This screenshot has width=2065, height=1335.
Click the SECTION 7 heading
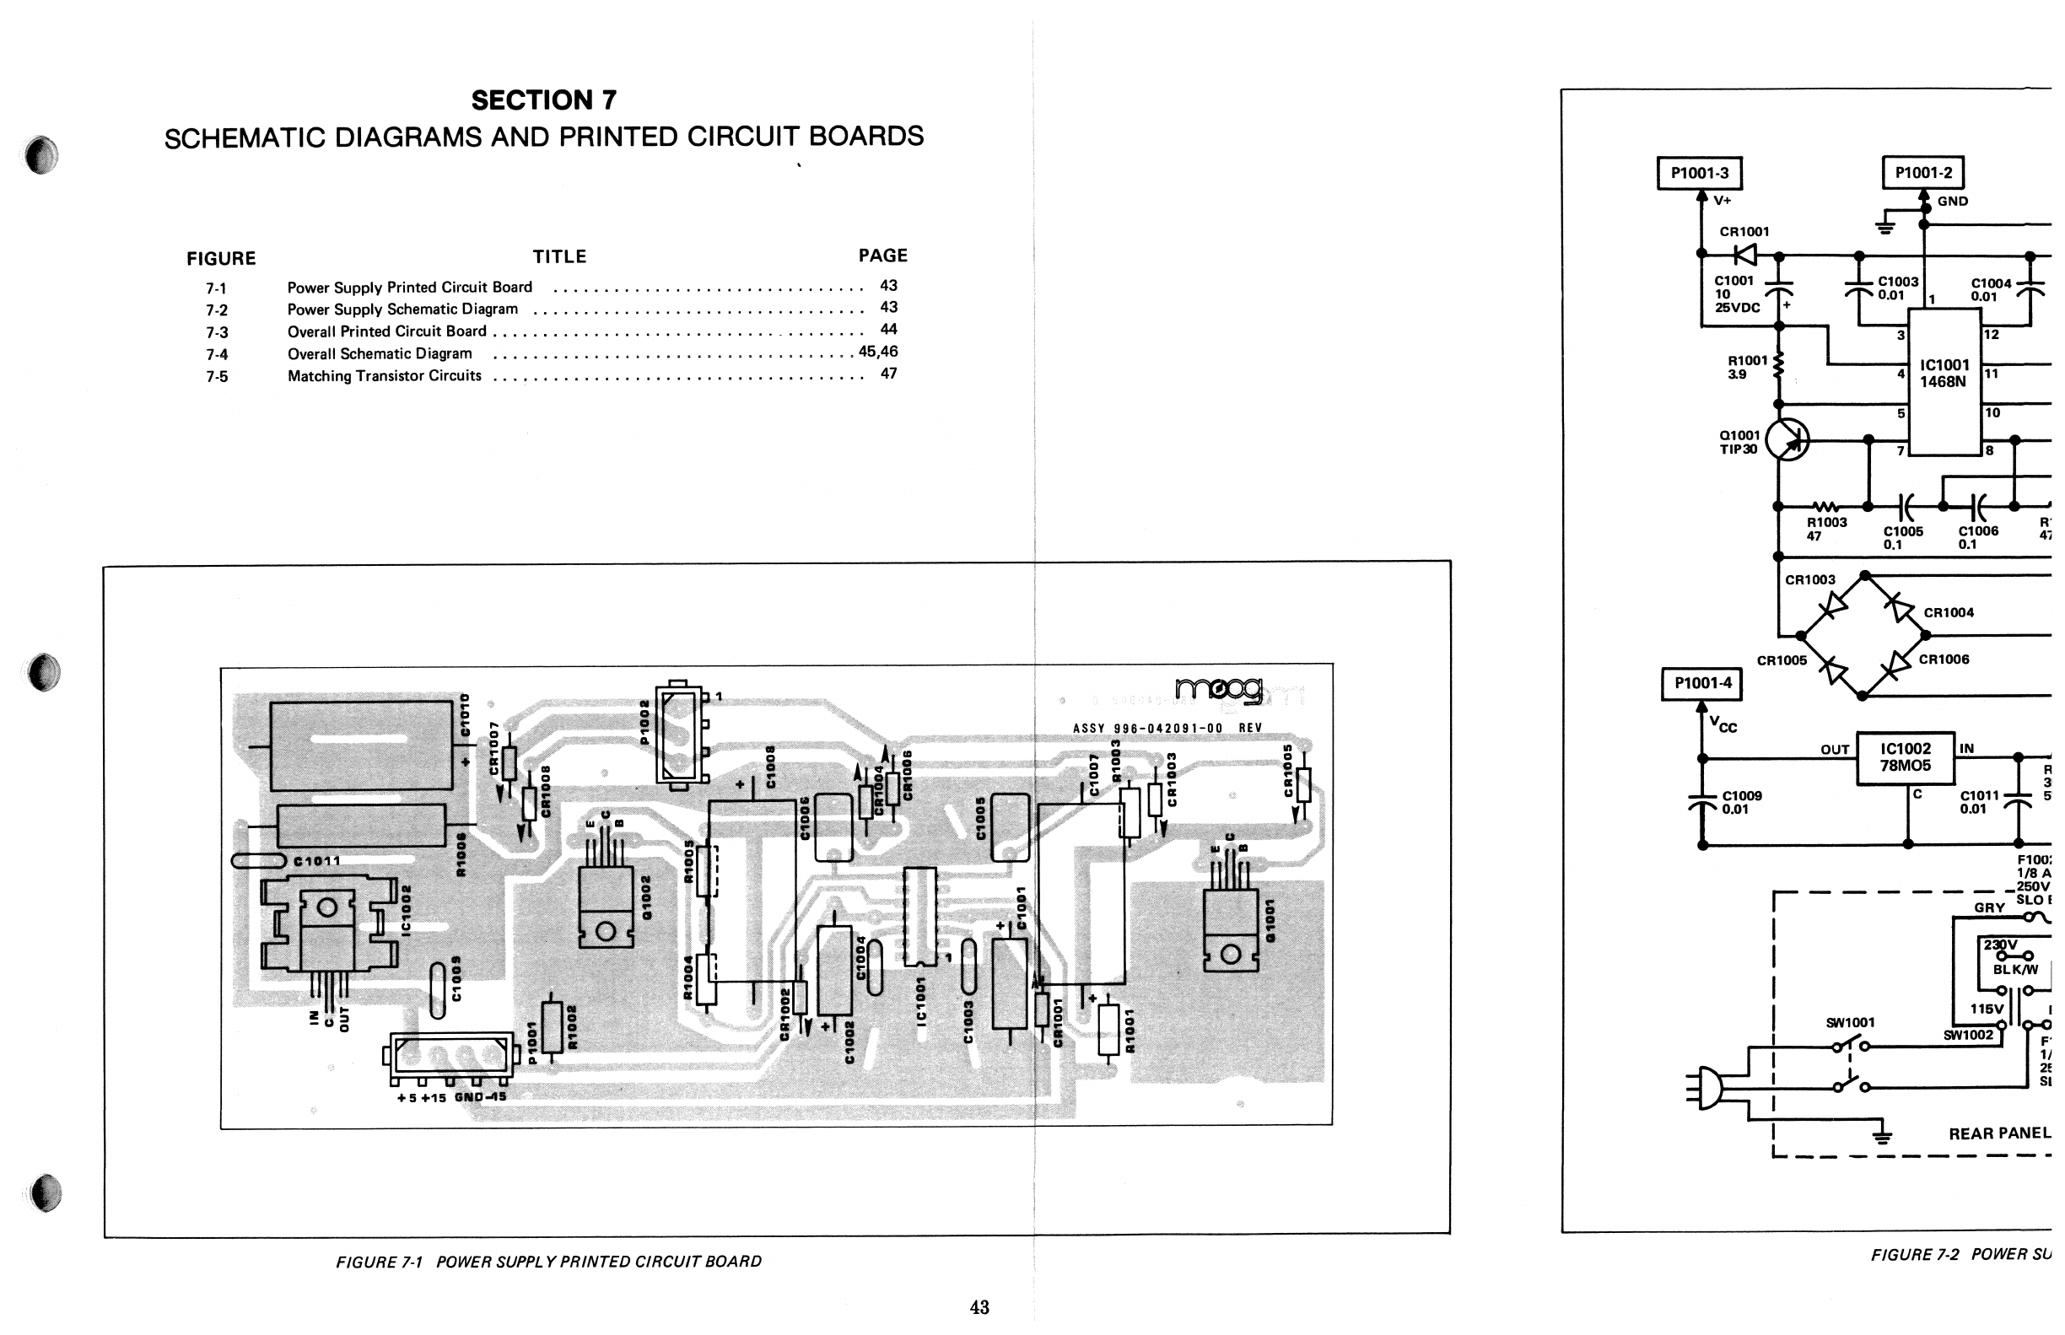543,100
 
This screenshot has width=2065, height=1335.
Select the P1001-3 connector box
1699,174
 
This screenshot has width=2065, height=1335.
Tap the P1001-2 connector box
1922,173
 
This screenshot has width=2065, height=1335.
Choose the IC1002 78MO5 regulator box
1906,757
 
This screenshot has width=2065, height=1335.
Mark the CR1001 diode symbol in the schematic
1745,255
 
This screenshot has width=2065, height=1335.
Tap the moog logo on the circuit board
1218,690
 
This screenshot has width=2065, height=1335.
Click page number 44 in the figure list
888,330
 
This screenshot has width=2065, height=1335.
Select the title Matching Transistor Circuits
384,376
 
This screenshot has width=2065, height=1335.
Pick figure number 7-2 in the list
217,310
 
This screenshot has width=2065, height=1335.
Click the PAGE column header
882,256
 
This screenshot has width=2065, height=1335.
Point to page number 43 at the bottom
979,1307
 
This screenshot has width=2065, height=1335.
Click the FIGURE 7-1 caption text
548,1262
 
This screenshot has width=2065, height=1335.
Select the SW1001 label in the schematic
1850,1023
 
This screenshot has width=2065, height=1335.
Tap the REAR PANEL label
1999,1133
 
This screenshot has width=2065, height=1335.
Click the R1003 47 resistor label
1825,529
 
